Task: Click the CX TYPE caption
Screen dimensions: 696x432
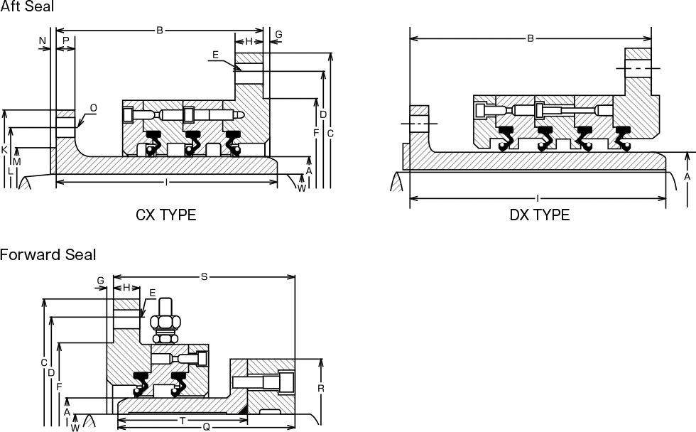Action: tap(165, 215)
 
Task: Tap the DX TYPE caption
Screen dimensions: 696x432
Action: tap(539, 215)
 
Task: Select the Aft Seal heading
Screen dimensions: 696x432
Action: tap(27, 6)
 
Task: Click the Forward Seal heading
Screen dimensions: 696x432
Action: tap(48, 254)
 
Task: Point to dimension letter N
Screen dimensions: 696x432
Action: tap(42, 40)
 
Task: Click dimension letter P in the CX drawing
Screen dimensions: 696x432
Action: tap(65, 40)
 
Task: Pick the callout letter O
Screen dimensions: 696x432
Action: tap(93, 108)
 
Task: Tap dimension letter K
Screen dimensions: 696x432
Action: tap(4, 150)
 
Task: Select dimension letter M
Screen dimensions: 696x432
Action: tap(17, 162)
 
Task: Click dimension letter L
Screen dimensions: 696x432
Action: tap(10, 171)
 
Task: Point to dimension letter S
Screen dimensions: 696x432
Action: tap(205, 276)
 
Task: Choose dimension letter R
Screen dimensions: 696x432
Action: tap(321, 389)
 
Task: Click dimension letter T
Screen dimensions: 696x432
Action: tap(183, 420)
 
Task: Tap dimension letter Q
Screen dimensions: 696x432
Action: tap(206, 427)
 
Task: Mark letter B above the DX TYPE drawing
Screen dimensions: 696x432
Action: tap(530, 38)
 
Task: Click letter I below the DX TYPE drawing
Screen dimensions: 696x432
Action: tap(538, 198)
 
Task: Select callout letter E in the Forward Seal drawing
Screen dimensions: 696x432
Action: tap(152, 293)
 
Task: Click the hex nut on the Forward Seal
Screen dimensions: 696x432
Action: tap(165, 321)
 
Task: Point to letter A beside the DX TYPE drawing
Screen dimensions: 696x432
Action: tap(687, 177)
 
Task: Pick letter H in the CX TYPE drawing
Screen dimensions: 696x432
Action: tap(249, 41)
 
